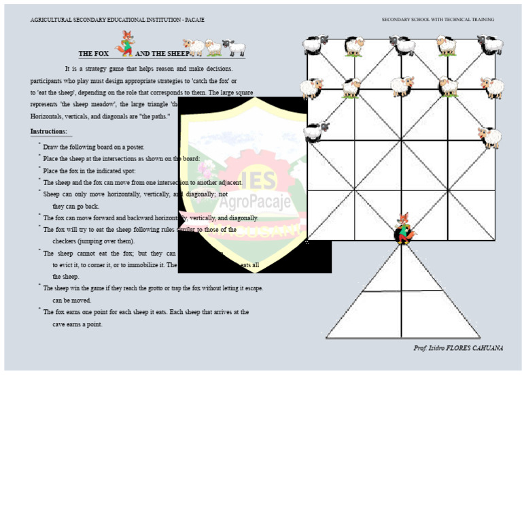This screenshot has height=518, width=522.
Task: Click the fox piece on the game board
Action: [x=404, y=229]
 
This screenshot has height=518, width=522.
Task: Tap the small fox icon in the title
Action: [x=126, y=43]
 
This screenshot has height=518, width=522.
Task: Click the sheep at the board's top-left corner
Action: [x=315, y=46]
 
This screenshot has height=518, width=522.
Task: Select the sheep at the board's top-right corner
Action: [x=490, y=45]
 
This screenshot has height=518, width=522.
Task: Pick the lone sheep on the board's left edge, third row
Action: [x=315, y=131]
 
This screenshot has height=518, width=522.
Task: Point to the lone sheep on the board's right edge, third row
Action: [x=489, y=137]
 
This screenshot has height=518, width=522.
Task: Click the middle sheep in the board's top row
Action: [x=403, y=46]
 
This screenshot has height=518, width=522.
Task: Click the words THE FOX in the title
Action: [x=94, y=54]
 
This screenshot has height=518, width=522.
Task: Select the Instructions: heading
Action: [x=49, y=131]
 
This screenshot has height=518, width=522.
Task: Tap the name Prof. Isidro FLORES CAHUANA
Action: [x=458, y=348]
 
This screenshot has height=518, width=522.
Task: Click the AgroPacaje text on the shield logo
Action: [x=255, y=202]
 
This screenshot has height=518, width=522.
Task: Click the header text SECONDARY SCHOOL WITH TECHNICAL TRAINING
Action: [x=438, y=20]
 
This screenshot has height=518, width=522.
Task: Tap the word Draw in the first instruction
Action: [x=50, y=147]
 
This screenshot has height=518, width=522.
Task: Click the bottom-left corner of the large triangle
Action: [x=327, y=337]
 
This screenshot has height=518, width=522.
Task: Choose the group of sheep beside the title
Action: [x=215, y=48]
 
